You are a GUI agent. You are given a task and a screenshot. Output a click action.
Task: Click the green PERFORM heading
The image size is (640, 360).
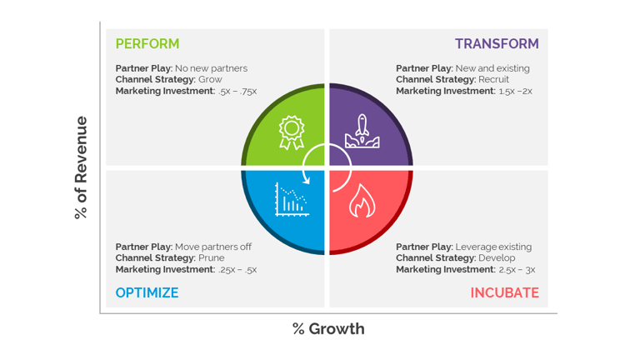click(147, 43)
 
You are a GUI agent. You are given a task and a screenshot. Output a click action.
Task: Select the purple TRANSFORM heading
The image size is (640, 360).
click(497, 43)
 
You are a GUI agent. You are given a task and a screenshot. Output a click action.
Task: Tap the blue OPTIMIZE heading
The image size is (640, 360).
click(147, 292)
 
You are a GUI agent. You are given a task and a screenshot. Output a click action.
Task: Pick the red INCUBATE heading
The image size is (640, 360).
click(505, 292)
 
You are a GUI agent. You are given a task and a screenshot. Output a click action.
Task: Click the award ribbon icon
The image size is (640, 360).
click(292, 132)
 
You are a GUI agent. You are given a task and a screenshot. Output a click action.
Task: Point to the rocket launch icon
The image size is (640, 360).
click(362, 131)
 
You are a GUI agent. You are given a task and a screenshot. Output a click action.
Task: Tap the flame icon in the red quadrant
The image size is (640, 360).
click(362, 200)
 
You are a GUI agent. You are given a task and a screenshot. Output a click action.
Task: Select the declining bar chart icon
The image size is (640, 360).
click(292, 199)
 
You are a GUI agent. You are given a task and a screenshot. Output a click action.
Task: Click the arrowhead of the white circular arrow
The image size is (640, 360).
click(306, 179)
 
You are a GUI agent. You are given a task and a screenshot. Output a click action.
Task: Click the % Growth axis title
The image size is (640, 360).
click(328, 329)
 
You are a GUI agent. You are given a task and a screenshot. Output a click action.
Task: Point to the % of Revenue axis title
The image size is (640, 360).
click(81, 167)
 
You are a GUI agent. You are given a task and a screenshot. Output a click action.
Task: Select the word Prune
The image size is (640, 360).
click(212, 258)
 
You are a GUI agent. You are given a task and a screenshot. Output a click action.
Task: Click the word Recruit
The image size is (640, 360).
click(494, 79)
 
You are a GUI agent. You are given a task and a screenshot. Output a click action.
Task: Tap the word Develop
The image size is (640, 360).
click(497, 258)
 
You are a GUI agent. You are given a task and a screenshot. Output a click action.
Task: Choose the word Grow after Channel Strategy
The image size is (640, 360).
click(210, 79)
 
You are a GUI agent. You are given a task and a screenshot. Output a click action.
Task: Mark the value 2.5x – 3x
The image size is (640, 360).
click(517, 269)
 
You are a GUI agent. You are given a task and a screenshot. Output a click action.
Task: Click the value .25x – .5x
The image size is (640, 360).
click(237, 269)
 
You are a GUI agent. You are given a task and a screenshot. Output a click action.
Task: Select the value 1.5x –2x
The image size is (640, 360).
click(516, 91)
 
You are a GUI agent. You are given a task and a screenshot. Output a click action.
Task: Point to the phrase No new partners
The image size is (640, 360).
click(212, 68)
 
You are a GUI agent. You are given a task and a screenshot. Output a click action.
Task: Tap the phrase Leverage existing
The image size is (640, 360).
click(493, 247)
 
